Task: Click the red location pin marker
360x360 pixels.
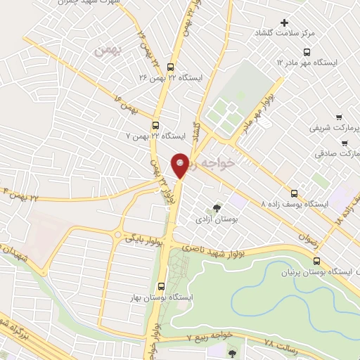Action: pos(181,165)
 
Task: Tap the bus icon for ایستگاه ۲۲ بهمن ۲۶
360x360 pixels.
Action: pos(171,67)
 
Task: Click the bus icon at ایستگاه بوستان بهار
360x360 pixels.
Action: pos(162,286)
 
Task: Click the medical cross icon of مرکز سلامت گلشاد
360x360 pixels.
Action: pos(284,23)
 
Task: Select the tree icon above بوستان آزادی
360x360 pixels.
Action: pos(217,208)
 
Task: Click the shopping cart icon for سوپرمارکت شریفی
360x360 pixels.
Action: pos(340,117)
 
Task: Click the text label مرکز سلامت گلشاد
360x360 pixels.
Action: pos(325,33)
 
